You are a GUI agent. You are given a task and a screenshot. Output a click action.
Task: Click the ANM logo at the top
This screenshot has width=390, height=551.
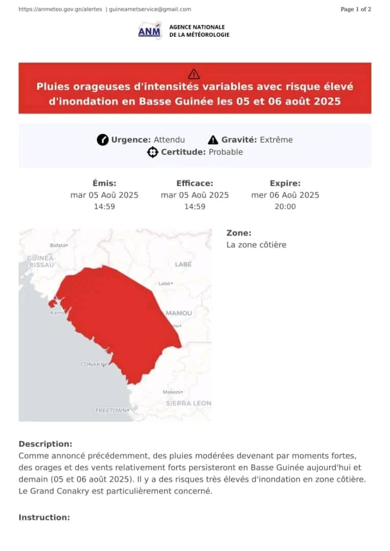149,31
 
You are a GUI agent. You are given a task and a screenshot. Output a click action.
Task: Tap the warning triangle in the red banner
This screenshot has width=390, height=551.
194,73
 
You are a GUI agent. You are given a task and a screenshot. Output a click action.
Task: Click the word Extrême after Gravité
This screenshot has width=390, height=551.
276,140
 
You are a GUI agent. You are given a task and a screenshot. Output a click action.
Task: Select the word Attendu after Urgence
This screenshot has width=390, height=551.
169,140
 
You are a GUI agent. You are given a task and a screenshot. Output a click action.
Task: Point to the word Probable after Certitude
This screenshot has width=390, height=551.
225,152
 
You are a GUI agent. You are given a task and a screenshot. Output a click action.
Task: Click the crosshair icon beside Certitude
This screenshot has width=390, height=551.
152,152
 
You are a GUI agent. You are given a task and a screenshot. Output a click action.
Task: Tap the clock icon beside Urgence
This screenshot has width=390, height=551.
103,140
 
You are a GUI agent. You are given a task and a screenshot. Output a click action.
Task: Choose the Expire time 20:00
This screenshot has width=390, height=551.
285,207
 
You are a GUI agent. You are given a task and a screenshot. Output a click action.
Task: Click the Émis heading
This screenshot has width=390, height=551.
104,183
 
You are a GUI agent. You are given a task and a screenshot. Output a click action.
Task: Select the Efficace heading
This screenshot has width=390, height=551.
195,183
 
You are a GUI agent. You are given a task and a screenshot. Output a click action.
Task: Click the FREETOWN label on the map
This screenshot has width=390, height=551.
111,410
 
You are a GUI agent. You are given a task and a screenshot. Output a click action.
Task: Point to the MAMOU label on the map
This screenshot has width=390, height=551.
179,313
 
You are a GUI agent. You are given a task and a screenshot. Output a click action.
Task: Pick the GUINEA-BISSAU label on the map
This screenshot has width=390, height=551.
41,262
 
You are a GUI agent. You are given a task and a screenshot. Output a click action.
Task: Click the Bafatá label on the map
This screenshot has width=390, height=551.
58,245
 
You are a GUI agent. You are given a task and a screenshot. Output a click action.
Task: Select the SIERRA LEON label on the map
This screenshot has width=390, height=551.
189,403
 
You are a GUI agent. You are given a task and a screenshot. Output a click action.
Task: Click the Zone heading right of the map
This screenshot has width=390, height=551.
239,233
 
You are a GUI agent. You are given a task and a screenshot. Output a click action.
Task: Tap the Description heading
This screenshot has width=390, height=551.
45,444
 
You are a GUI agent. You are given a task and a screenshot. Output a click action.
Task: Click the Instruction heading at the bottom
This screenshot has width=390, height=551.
44,517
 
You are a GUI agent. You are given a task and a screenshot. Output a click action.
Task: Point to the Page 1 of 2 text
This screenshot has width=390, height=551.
356,9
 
